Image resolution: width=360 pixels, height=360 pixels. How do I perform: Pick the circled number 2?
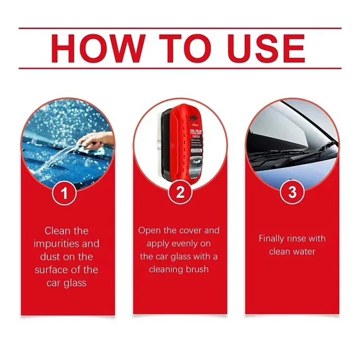[x=180, y=193]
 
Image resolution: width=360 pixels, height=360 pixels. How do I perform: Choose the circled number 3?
[x=292, y=193]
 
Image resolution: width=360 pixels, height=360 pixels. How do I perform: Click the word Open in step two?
[x=150, y=231]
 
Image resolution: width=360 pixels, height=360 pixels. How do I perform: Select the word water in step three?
[x=307, y=251]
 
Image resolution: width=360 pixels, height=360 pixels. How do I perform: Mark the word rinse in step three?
[x=304, y=238]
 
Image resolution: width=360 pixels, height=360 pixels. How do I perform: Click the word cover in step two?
[x=188, y=231]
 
